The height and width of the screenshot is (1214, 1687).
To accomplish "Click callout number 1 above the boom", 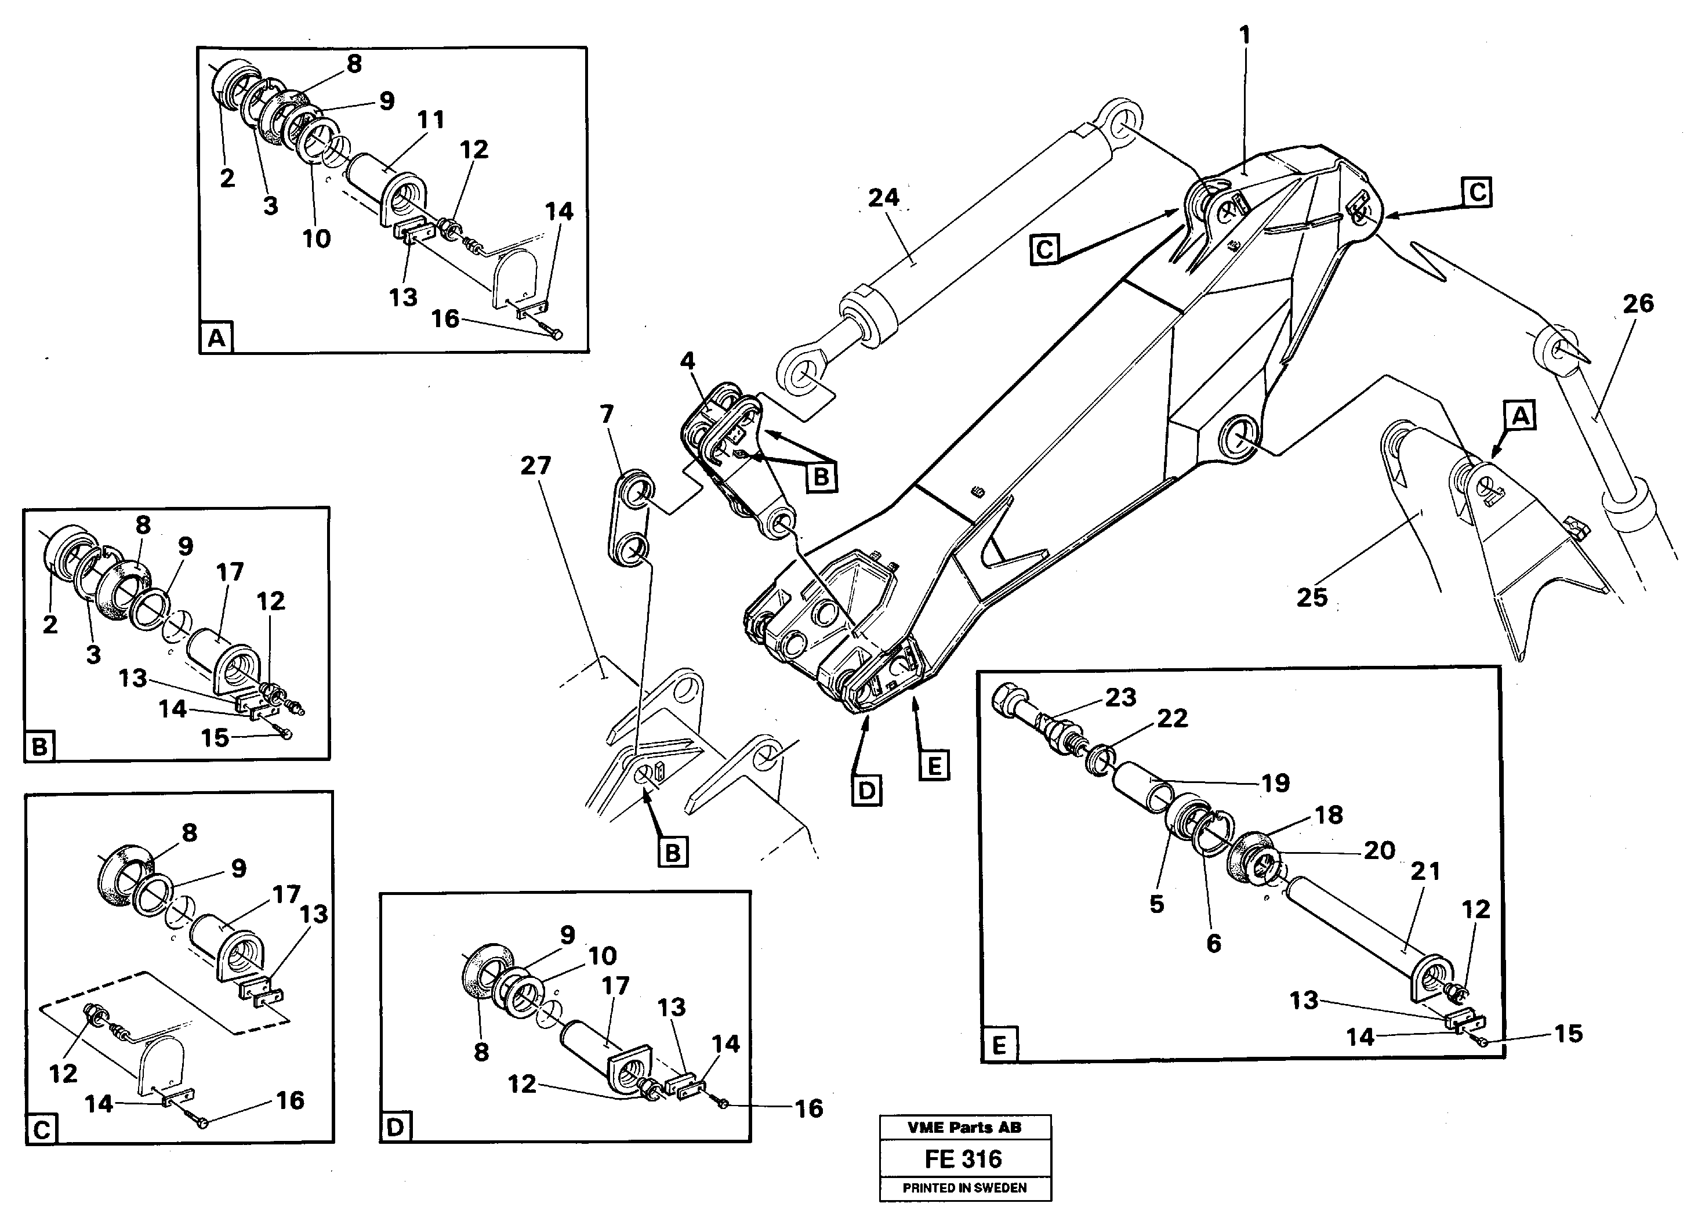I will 1244,35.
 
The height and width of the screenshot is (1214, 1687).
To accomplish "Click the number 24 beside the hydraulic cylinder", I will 884,198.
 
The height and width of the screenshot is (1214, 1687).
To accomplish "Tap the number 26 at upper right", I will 1638,303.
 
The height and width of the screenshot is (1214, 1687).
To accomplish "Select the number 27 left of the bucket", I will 535,466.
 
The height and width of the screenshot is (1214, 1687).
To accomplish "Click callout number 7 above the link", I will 607,414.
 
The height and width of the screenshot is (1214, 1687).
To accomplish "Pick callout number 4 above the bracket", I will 687,361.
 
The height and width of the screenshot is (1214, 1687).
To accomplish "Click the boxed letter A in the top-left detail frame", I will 216,339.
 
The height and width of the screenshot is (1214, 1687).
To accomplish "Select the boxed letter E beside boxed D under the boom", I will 934,764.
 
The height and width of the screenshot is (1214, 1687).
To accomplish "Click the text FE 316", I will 963,1159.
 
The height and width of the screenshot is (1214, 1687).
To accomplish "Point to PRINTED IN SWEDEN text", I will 965,1188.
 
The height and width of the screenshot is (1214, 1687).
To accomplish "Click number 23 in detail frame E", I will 1120,697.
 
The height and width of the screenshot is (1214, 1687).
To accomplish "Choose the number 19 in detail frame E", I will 1275,782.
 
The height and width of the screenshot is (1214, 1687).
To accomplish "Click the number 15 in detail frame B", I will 215,738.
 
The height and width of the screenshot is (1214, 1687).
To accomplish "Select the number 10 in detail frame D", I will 603,955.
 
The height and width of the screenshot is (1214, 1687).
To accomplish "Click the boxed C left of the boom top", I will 1044,250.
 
